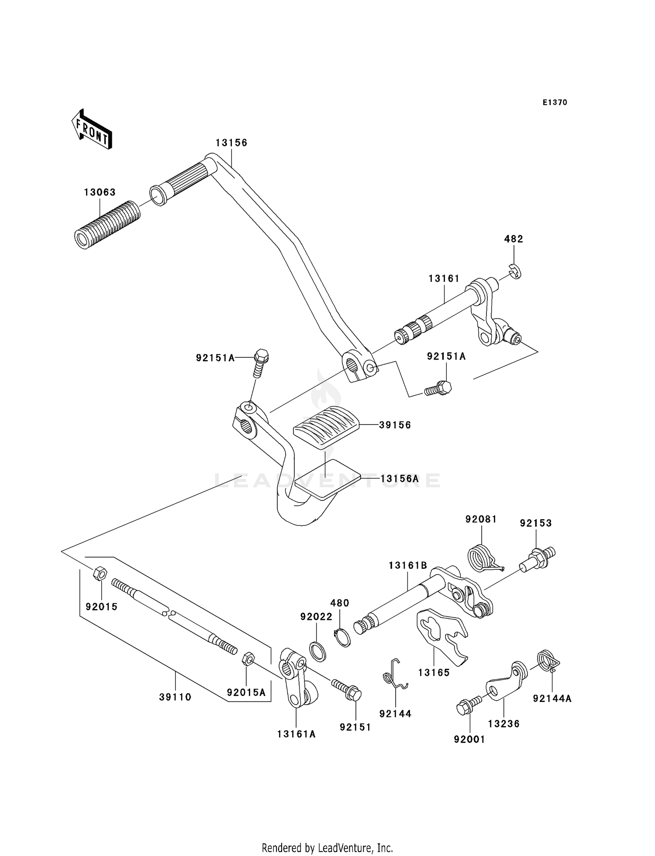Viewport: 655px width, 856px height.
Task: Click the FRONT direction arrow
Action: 92,130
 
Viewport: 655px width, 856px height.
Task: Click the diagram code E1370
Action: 555,103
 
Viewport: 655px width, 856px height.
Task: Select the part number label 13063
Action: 100,192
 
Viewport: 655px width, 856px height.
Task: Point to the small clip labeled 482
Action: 516,272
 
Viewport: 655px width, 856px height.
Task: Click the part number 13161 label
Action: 444,278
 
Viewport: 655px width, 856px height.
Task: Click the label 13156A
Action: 399,479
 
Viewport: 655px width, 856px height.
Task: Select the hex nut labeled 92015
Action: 100,573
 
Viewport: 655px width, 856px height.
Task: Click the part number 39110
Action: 175,697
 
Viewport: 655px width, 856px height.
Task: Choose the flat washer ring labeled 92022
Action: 318,652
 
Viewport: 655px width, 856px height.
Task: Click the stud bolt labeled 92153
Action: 539,558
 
